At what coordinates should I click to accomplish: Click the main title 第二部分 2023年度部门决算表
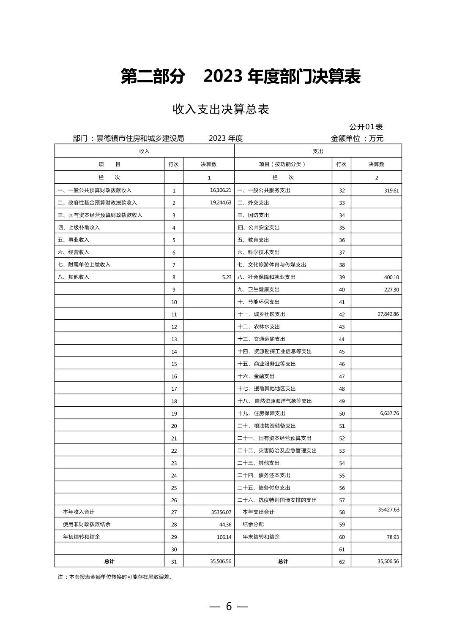point(240,77)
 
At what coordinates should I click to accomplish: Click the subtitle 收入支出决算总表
point(221,109)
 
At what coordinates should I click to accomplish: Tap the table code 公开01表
point(366,127)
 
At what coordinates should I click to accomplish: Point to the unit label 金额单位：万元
point(357,138)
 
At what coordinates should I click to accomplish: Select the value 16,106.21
point(220,190)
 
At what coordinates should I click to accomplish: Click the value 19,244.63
point(220,203)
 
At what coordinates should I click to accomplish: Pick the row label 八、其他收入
point(74,277)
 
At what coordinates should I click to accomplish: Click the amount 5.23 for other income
point(226,277)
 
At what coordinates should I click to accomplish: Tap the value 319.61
point(391,190)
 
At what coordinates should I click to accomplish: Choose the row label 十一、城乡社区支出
point(261,314)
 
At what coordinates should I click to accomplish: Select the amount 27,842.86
point(388,314)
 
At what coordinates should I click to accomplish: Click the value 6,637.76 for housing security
point(389,413)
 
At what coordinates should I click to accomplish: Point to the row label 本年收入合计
point(79,512)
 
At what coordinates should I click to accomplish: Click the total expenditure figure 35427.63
point(388,510)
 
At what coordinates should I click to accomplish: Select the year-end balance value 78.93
point(392,537)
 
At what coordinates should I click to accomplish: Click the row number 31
point(174,562)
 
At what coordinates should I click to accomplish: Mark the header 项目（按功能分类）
point(282,164)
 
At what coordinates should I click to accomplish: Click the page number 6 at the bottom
point(229,607)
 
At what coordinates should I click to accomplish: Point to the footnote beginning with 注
point(115,577)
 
